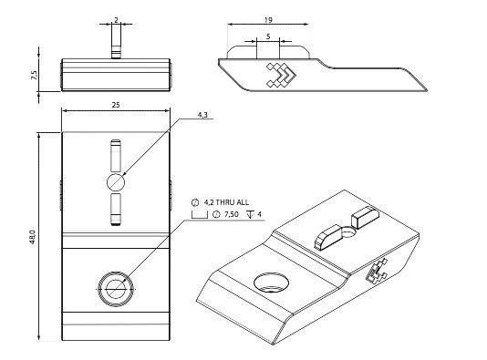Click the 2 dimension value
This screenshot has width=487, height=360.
point(116,20)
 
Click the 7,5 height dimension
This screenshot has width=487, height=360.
point(34,75)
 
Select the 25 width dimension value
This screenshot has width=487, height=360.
point(116,105)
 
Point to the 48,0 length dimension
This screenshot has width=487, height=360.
point(33,237)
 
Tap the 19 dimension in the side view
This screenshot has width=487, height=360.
point(268,20)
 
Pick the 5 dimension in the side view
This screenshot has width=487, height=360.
point(268,36)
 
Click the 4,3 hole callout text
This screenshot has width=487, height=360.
point(202,115)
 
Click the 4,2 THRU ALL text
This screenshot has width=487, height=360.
point(226,202)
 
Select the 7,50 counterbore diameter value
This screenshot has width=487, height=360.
point(232,214)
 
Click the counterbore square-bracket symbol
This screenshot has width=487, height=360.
point(200,215)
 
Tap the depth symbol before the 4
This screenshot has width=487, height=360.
point(250,214)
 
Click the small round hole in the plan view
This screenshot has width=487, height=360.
point(116,182)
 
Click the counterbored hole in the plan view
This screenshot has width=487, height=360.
point(116,289)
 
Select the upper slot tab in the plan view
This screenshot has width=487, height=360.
point(116,156)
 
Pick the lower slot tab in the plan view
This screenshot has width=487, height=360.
point(116,209)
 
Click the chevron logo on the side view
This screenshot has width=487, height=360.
point(281,75)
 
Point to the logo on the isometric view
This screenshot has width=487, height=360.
point(377,271)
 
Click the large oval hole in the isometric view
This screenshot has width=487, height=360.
point(271,283)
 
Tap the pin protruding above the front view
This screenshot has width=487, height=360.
point(116,42)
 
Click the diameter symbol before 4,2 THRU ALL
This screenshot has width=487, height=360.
point(195,202)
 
